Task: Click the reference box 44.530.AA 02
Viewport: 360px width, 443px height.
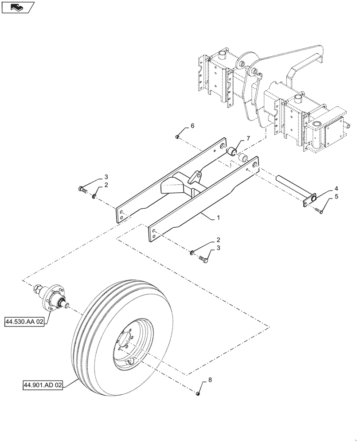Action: click(25, 322)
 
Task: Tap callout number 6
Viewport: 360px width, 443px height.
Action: click(192, 126)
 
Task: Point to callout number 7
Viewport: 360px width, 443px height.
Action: click(248, 139)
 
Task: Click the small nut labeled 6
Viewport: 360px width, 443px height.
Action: click(177, 137)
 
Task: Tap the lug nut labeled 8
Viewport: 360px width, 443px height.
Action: click(198, 393)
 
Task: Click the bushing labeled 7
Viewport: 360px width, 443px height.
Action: click(232, 152)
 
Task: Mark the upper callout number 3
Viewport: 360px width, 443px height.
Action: click(106, 177)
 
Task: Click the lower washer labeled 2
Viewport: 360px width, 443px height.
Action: click(192, 253)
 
